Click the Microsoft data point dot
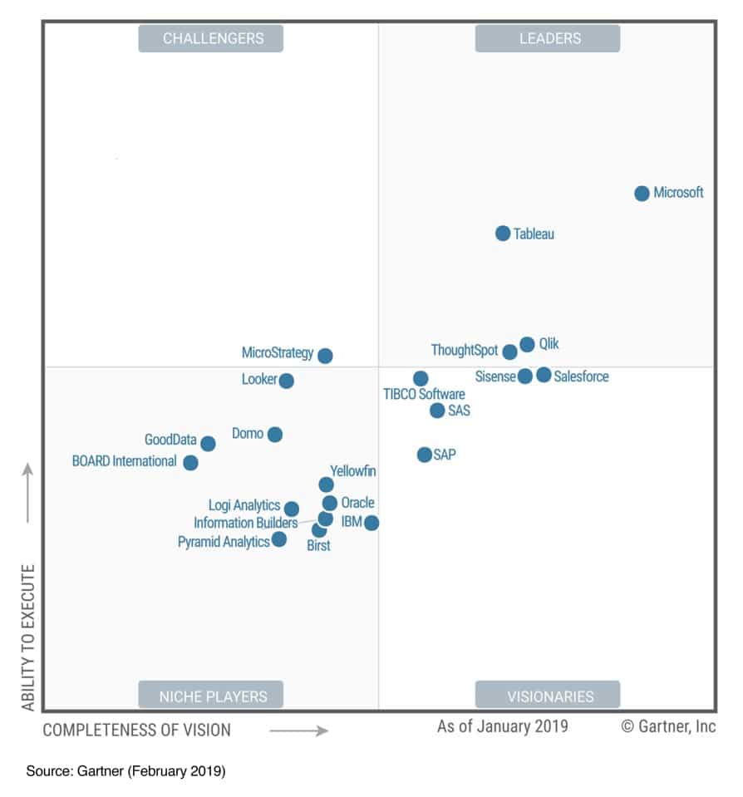pos(642,194)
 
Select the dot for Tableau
pos(503,234)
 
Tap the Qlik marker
pos(527,344)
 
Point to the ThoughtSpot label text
pos(464,351)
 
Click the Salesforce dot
pos(544,375)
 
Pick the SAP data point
pos(425,455)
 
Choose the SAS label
pos(459,411)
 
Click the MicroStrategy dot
pos(325,356)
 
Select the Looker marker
pos(286,381)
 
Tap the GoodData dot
pos(208,444)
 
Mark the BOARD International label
pos(124,461)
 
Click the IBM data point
pos(371,523)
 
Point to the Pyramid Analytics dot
pos(279,539)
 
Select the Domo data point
pos(275,435)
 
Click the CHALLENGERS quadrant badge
pos(210,38)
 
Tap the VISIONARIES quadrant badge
pos(547,696)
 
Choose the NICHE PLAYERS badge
pos(210,696)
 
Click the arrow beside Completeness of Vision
pos(299,731)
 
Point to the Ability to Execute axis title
pos(28,637)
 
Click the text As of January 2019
pos(503,726)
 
